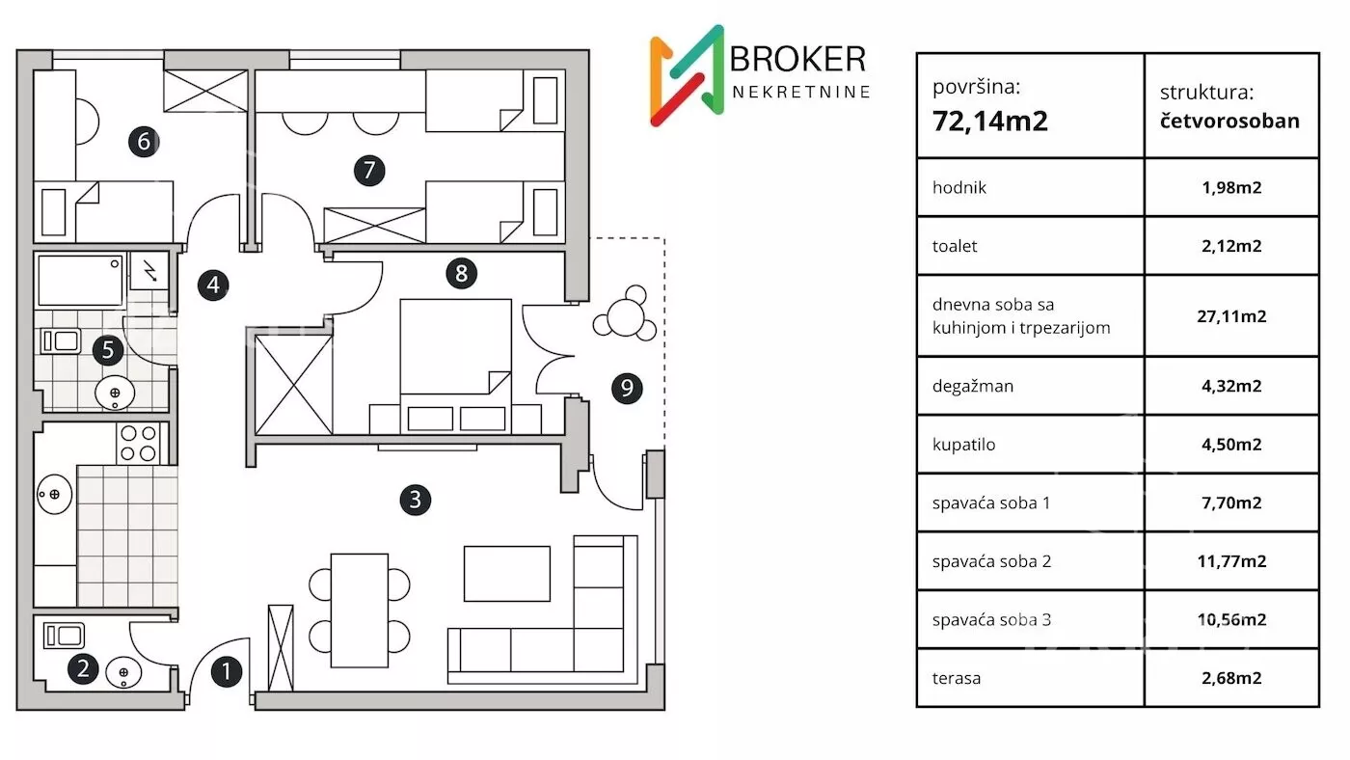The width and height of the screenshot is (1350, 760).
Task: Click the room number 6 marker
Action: (144, 142)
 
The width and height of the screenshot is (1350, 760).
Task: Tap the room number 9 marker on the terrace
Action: (627, 388)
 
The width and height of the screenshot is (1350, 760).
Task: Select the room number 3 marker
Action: (416, 500)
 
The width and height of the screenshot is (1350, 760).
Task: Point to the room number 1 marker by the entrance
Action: (227, 671)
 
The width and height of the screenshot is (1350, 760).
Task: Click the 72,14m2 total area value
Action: (989, 121)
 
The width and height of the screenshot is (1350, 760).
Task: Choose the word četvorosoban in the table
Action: (1229, 121)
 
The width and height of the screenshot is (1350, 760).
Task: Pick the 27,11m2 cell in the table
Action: (1231, 315)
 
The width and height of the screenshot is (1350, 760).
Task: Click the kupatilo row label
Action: (963, 445)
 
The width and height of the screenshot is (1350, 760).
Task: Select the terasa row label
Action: (957, 678)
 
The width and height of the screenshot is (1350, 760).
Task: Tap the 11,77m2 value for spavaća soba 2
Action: (1231, 561)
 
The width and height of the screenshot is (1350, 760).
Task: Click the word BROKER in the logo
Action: (797, 59)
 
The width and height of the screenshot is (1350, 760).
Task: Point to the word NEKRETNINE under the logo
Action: (801, 92)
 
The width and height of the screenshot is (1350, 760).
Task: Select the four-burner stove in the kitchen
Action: (139, 443)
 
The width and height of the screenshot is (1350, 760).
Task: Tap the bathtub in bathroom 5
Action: (80, 281)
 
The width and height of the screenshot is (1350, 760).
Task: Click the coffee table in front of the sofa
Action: (507, 573)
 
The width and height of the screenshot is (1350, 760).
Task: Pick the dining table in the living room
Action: (359, 610)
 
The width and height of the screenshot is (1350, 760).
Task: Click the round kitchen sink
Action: (54, 494)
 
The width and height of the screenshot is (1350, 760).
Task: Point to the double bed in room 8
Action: (455, 366)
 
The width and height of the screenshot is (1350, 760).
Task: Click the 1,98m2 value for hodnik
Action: (1231, 187)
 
